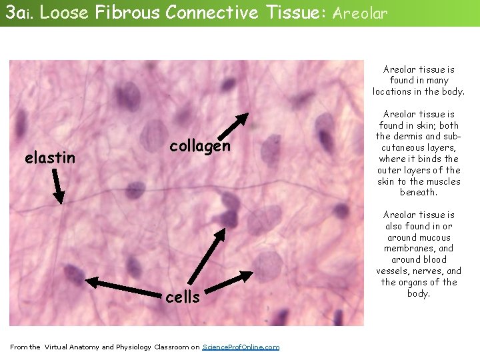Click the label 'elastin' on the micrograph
(x=49, y=158)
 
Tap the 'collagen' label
(x=199, y=145)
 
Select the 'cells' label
(x=182, y=297)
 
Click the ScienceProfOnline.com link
(x=241, y=347)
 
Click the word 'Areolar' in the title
(x=359, y=13)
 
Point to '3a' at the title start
(x=14, y=12)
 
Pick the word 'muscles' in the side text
(x=443, y=181)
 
